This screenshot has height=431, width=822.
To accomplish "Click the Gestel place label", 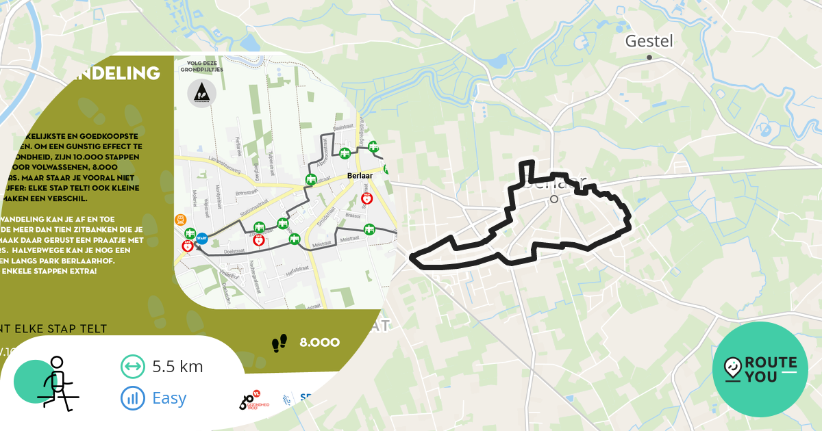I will [x=649, y=41].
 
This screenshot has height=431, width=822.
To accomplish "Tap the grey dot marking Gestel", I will [x=649, y=57].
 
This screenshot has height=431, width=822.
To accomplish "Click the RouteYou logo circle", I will [x=760, y=369].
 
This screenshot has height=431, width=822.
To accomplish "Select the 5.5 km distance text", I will [x=177, y=366].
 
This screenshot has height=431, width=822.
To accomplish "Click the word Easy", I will [x=169, y=397].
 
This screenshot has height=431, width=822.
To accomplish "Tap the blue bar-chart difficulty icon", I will [x=132, y=397].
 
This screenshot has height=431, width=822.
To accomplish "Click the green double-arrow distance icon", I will [x=132, y=367].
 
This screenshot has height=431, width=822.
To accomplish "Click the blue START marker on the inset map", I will [x=202, y=239].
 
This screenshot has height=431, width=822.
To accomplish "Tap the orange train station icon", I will [x=180, y=220].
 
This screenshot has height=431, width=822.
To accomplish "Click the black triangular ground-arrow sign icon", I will [x=201, y=93].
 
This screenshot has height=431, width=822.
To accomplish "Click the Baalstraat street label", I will [x=340, y=128].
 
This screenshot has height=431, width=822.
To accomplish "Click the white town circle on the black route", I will [x=554, y=199].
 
